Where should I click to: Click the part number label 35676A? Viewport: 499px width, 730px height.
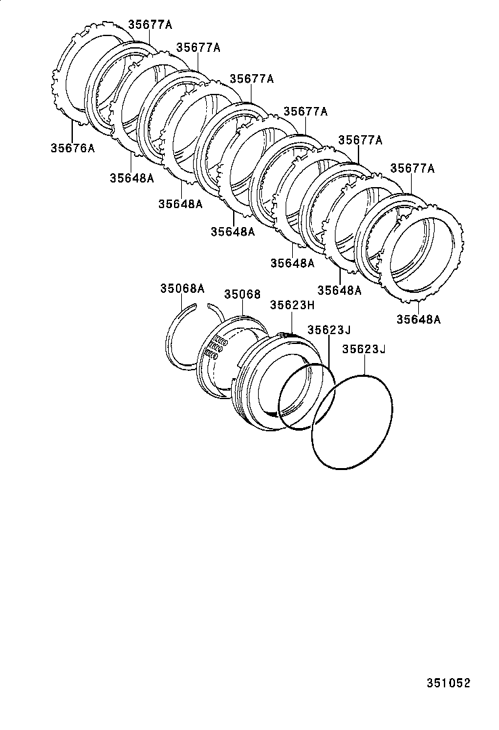(x=72, y=148)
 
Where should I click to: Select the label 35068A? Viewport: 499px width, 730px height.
(x=183, y=288)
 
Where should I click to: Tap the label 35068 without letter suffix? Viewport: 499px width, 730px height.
(x=242, y=295)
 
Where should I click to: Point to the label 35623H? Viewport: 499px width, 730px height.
(x=292, y=305)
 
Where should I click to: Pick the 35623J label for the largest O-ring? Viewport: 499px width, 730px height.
(x=363, y=349)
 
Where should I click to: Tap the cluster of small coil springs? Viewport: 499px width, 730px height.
(x=216, y=348)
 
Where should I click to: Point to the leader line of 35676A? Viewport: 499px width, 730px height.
(x=71, y=131)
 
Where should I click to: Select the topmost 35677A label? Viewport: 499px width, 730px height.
(x=150, y=24)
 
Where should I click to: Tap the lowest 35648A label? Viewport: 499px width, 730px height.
(x=418, y=320)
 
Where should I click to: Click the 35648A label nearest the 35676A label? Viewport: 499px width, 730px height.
(x=131, y=178)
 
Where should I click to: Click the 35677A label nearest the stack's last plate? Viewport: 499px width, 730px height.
(x=412, y=168)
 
